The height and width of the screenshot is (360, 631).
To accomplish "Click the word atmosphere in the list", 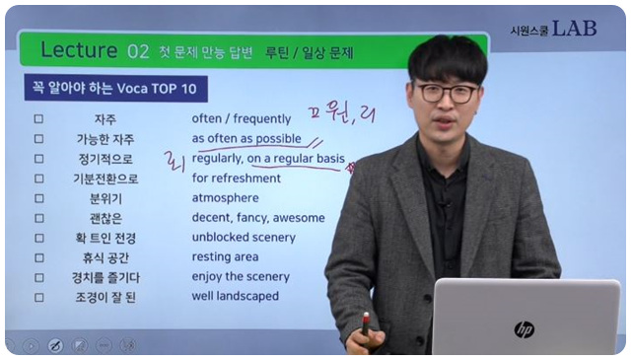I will [225, 198].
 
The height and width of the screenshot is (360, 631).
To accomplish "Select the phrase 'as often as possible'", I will [246, 139].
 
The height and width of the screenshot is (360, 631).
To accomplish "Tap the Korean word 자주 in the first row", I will [105, 119].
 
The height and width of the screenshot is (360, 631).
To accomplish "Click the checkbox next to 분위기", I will [38, 198].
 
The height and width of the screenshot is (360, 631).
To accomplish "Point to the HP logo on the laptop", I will [524, 328].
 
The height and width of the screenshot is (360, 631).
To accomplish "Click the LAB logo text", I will [574, 29].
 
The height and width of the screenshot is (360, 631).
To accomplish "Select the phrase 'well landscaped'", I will [235, 296].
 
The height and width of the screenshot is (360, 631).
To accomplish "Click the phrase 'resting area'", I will [226, 256].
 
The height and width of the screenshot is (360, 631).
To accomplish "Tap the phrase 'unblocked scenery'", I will [243, 238].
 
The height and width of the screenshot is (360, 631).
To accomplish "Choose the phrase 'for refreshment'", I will [236, 179].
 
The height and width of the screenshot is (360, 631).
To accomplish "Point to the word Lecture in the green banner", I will [80, 50].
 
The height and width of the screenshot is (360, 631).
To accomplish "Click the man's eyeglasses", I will [447, 94].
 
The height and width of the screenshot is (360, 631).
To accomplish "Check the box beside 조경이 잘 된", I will [38, 296].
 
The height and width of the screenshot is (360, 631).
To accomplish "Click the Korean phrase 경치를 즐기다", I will [105, 276].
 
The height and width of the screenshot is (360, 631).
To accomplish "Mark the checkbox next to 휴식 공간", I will [38, 256].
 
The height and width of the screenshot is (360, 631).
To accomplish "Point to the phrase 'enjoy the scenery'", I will [241, 276].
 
